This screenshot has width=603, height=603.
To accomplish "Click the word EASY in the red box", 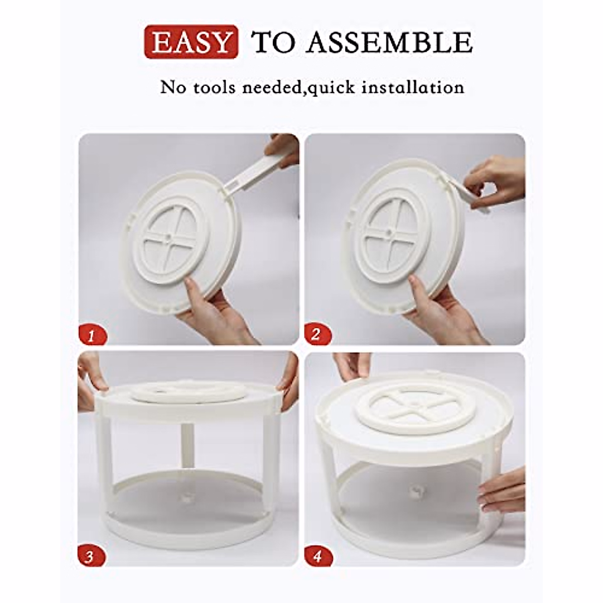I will click(191, 42).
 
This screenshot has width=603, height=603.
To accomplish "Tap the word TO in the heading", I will click(273, 42).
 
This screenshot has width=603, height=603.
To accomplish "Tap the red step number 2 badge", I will click(316, 334).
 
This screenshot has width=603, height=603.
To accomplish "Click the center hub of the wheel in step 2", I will click(388, 232).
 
